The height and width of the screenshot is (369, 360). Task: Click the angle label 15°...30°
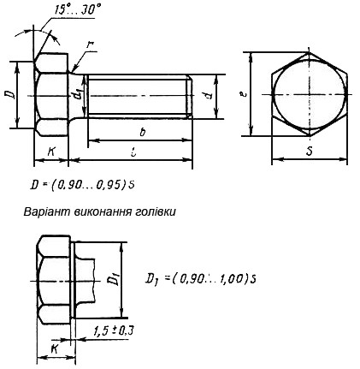point(78,10)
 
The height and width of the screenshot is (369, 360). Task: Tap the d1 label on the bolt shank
point(78,95)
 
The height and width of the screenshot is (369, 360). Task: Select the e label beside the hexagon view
point(244,95)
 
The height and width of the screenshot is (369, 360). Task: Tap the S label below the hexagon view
point(309,152)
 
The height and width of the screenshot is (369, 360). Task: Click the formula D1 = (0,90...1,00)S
point(203,277)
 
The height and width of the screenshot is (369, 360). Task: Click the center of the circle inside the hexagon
point(310,95)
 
